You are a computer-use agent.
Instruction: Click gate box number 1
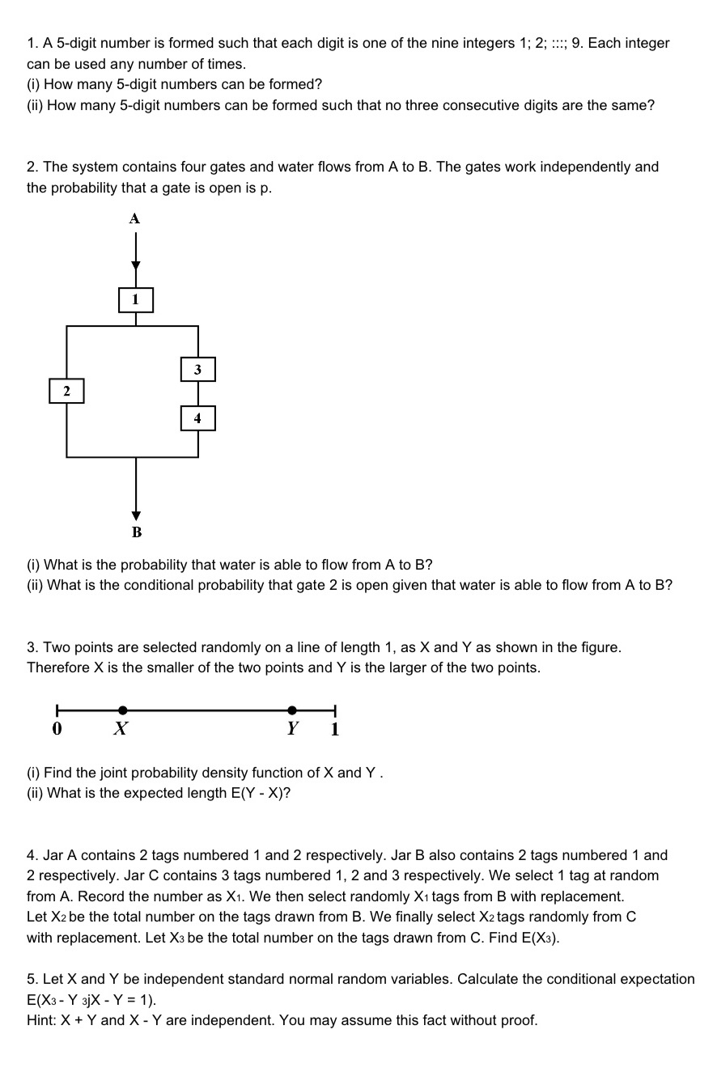coord(135,300)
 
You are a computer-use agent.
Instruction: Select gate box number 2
coord(66,392)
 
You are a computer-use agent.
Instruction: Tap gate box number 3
coord(197,370)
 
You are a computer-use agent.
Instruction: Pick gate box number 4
coord(197,418)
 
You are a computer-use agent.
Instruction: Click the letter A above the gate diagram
coord(135,218)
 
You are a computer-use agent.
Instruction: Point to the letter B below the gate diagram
coord(136,532)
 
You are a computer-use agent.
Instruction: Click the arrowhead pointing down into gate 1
coord(135,265)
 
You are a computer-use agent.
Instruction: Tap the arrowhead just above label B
coord(136,515)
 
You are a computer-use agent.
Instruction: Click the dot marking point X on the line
coord(122,710)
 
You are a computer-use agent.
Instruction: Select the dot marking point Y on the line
coord(292,710)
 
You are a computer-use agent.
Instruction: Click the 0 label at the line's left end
coord(57,729)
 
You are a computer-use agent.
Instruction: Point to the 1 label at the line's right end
coord(335,730)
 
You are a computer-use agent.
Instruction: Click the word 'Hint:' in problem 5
coord(42,1020)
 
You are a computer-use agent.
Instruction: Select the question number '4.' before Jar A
coord(32,855)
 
